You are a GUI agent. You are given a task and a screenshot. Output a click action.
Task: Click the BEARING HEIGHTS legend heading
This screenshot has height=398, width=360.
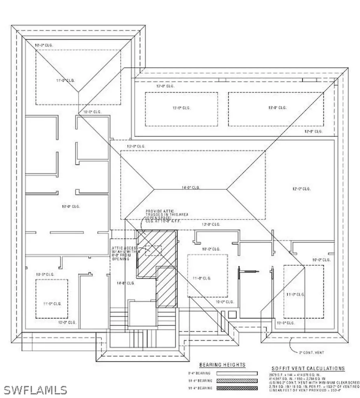click(222, 365)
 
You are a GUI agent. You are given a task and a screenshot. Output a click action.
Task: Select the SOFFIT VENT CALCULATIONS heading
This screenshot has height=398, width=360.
click(307, 368)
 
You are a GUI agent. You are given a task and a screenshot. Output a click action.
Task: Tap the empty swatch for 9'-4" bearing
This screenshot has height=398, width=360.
click(238, 373)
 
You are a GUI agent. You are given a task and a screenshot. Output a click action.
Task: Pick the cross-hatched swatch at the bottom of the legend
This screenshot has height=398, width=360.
click(238, 388)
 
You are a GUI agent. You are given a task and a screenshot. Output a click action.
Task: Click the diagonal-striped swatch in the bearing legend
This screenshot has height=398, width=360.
click(238, 381)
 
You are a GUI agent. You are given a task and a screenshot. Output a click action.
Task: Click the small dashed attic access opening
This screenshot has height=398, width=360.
click(153, 251)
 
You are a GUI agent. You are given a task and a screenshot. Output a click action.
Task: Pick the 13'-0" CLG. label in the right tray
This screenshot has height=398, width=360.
click(277, 108)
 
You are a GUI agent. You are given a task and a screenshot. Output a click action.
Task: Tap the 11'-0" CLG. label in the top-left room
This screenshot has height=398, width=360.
click(65, 80)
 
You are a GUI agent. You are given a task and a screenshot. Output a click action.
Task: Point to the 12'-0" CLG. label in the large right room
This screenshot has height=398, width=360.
click(301, 189)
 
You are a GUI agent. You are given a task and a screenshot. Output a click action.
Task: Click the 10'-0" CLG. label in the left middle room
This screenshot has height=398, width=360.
click(71, 206)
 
